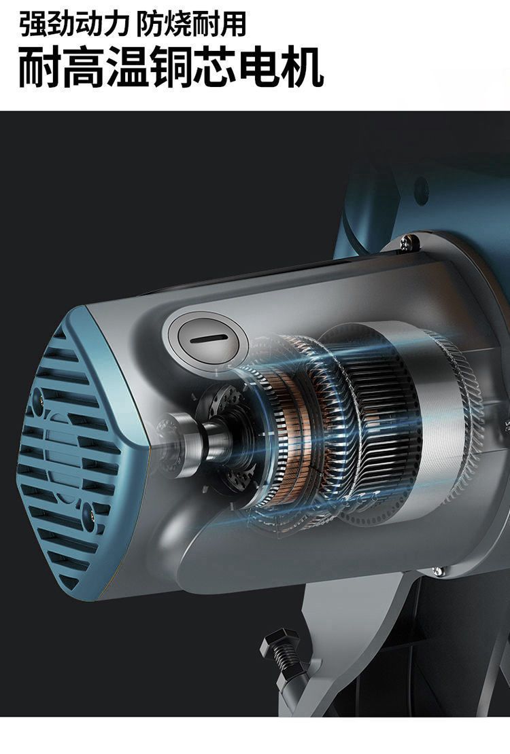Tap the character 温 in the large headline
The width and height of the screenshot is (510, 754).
[x=127, y=67]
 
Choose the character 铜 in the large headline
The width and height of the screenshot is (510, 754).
[x=171, y=67]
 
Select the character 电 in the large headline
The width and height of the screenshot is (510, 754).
[x=258, y=67]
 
